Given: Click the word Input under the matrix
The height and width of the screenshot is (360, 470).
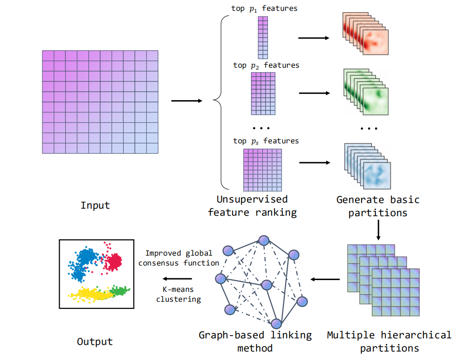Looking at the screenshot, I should pyautogui.click(x=95, y=205).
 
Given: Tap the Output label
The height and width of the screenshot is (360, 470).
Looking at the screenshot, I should pyautogui.click(x=95, y=342).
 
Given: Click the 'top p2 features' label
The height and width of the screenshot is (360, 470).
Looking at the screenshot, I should pyautogui.click(x=266, y=65).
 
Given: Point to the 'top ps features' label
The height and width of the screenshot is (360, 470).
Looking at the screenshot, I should pyautogui.click(x=266, y=141).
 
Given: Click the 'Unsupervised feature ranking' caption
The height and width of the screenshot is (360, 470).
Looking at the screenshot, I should pyautogui.click(x=253, y=206).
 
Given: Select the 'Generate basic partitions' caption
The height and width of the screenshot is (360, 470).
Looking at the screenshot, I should pyautogui.click(x=378, y=206).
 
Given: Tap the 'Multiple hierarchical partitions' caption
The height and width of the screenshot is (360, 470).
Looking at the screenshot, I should pyautogui.click(x=389, y=342).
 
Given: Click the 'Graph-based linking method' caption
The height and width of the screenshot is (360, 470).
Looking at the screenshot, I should pyautogui.click(x=255, y=342).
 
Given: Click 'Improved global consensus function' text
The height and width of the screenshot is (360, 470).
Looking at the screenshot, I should pyautogui.click(x=179, y=258).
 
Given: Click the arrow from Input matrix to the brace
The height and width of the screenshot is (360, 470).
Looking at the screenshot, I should pyautogui.click(x=187, y=101).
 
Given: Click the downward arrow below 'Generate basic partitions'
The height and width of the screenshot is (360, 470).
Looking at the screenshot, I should pyautogui.click(x=378, y=230).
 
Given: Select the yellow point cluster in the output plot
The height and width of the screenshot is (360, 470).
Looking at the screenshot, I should pyautogui.click(x=92, y=294).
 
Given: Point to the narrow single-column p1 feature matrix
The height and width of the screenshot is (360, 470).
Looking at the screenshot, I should pyautogui.click(x=263, y=37).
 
